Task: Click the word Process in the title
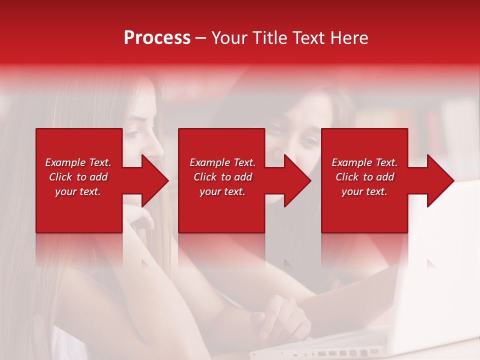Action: click(x=157, y=38)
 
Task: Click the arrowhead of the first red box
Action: click(x=152, y=180)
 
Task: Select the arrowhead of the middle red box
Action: click(x=295, y=180)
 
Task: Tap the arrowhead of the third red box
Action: click(x=438, y=180)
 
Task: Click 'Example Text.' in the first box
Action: click(x=78, y=162)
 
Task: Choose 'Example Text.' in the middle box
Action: click(x=222, y=162)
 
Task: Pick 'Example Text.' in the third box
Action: click(x=364, y=162)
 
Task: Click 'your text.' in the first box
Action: click(x=78, y=191)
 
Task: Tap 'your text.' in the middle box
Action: click(x=222, y=191)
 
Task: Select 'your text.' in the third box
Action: click(x=364, y=191)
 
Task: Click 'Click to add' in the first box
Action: click(x=78, y=177)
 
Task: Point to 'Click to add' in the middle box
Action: click(x=222, y=177)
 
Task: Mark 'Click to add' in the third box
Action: click(x=364, y=177)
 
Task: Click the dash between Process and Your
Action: click(x=201, y=38)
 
